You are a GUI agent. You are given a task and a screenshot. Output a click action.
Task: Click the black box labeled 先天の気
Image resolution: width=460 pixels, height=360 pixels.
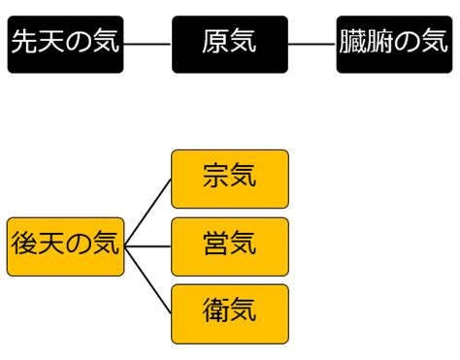(65, 45)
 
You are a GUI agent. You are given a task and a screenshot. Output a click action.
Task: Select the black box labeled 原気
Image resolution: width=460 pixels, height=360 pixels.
(230, 45)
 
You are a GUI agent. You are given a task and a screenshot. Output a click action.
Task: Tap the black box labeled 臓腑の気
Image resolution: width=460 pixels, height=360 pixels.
(394, 45)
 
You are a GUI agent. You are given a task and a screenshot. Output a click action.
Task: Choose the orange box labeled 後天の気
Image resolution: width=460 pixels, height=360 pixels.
(65, 246)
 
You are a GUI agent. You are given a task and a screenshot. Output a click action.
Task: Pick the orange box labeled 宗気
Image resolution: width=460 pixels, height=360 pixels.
(230, 179)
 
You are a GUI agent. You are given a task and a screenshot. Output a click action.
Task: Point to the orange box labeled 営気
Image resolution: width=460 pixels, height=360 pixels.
(230, 246)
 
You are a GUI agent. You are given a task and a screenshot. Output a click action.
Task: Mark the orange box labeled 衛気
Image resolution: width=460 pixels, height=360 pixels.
(230, 314)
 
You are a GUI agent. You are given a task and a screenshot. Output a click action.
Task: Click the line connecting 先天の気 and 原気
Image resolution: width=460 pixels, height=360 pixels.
(148, 44)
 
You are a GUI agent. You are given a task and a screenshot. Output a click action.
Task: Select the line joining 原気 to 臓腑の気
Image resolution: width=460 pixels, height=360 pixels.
(312, 44)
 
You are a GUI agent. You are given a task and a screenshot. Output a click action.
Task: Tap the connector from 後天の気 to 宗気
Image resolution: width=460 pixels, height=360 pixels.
(148, 213)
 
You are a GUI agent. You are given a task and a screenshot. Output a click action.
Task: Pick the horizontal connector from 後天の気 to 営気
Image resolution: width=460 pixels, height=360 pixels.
(148, 246)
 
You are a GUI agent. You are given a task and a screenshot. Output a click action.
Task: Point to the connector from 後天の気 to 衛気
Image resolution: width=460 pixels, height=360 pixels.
(148, 280)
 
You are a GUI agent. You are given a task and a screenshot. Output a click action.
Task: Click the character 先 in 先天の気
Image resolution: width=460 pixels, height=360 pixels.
(25, 41)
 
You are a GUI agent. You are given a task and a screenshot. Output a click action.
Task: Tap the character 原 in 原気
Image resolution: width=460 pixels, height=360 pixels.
(215, 41)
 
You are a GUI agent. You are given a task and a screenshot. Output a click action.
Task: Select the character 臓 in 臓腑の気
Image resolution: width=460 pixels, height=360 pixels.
(352, 41)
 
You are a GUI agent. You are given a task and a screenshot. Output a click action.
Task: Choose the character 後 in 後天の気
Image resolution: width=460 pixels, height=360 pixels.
(24, 244)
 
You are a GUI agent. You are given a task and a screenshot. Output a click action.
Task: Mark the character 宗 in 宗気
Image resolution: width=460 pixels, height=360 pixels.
(216, 176)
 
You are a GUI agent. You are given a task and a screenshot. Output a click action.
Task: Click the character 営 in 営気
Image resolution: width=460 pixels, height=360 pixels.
(216, 244)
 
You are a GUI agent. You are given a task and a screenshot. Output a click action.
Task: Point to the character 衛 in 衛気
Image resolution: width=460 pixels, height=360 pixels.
(216, 311)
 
